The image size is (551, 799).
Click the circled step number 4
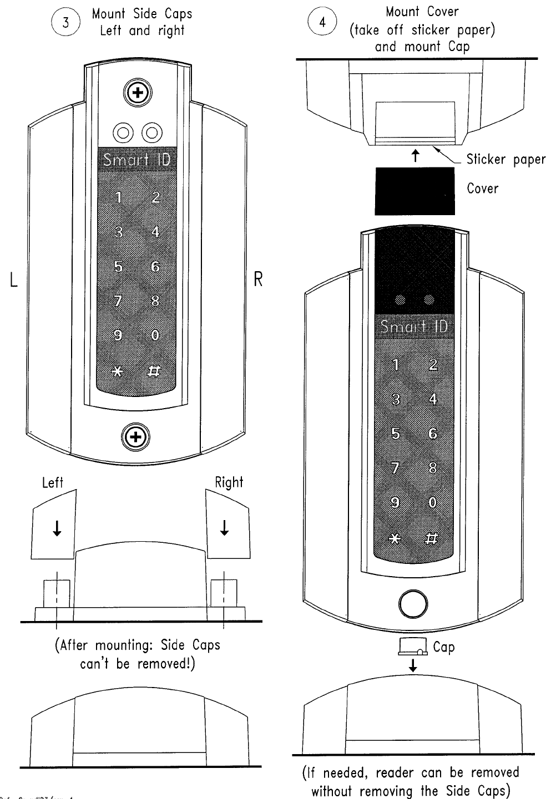(x=322, y=23)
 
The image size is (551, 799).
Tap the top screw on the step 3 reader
(x=136, y=93)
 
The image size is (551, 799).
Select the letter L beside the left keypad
(x=14, y=280)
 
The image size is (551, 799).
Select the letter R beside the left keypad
(x=257, y=279)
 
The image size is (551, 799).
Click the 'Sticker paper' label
(x=505, y=160)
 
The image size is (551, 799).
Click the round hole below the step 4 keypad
(x=413, y=604)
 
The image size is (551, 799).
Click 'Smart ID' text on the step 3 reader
(x=137, y=160)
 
